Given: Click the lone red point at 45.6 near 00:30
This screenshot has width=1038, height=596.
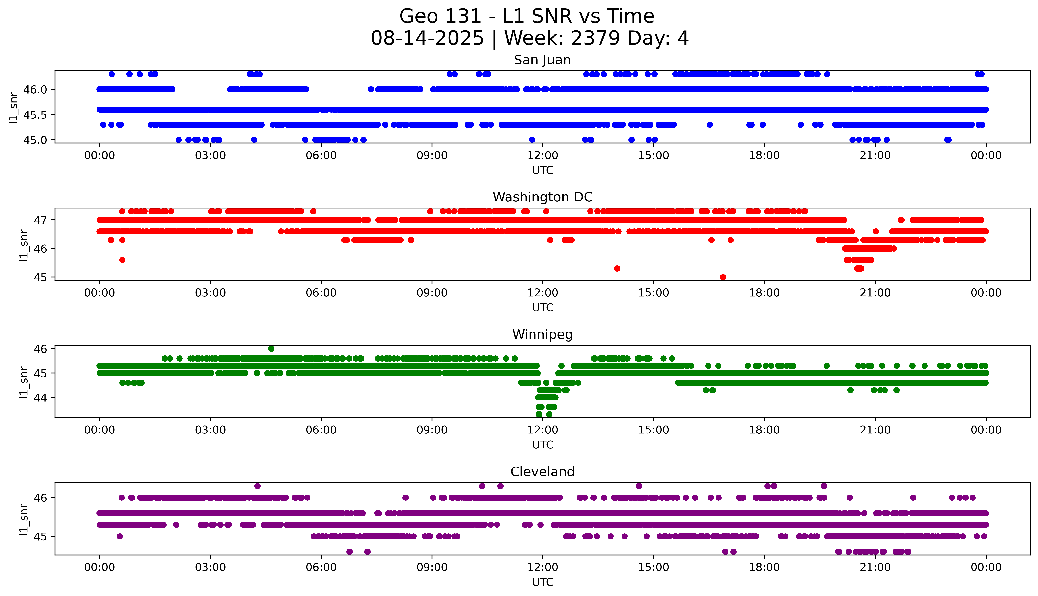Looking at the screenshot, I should (x=122, y=260).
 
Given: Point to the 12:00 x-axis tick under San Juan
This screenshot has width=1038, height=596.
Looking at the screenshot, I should (x=542, y=156).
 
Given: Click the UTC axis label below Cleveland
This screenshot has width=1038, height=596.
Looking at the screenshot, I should (x=542, y=582).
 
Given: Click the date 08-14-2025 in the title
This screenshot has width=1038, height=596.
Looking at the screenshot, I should (x=427, y=39).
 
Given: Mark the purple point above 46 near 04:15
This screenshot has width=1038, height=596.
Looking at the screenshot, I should (x=257, y=486).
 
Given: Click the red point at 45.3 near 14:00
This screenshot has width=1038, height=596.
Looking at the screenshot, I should (x=617, y=269).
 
